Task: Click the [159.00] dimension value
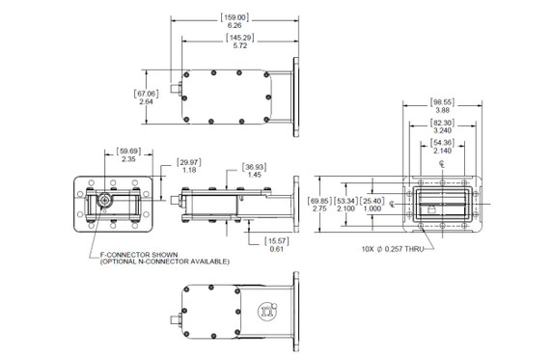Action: coord(235,17)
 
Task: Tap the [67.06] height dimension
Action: coord(146,93)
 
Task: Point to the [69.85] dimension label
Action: coord(319,201)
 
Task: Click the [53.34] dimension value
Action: coord(345,201)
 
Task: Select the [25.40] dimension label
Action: coord(372,201)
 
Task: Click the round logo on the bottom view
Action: coord(263,312)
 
